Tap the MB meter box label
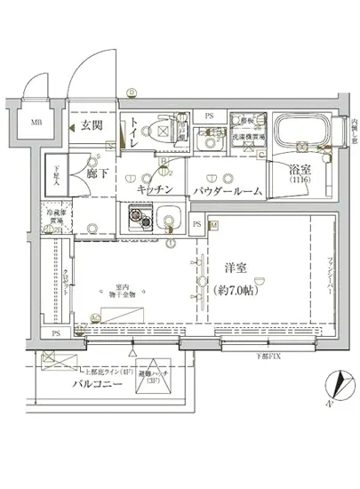click(x=37, y=123)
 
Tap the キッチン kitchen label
click(x=160, y=189)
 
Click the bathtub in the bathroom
click(x=303, y=133)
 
